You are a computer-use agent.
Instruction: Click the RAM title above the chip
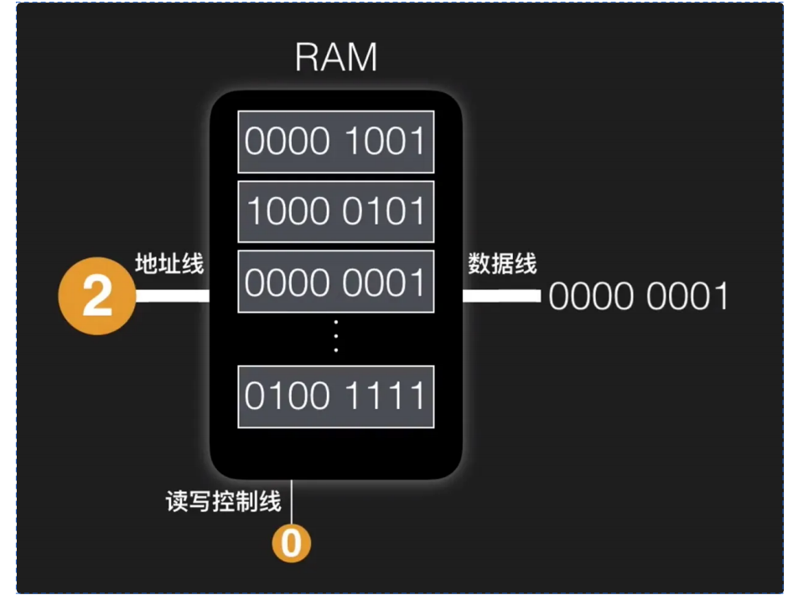coord(336,57)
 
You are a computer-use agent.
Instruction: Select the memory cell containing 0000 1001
coord(335,142)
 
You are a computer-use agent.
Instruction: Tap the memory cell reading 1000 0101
coord(335,212)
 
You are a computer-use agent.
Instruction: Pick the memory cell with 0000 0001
coord(335,282)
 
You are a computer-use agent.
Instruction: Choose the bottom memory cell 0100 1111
coord(335,396)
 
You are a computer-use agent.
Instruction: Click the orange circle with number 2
coord(97,296)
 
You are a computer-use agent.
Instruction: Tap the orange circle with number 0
coord(291,544)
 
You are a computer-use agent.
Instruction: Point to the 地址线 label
coord(169,264)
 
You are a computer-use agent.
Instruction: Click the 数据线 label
coord(501,264)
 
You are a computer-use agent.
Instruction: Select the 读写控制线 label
coord(223,502)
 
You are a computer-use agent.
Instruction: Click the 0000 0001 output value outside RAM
coord(639,297)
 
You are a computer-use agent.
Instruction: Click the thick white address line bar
coord(172,295)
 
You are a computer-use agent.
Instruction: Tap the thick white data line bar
coord(501,295)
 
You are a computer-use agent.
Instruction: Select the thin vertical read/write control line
coord(291,503)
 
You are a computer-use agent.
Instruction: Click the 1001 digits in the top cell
coord(385,142)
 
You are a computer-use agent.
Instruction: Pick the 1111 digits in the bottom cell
coord(385,396)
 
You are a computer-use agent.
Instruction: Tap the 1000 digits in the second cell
coord(285,212)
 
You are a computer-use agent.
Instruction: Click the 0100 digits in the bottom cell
coord(285,396)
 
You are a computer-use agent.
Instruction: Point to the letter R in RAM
coord(308,57)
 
